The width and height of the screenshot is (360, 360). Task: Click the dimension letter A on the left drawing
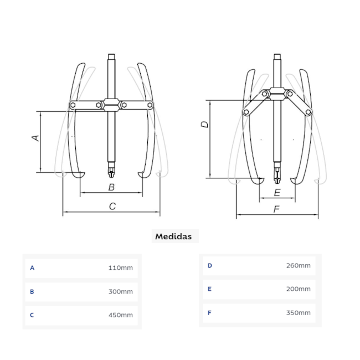[35, 137]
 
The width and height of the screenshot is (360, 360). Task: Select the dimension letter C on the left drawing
[112, 206]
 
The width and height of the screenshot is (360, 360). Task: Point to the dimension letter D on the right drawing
[204, 125]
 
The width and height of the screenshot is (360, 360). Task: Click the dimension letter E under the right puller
[277, 193]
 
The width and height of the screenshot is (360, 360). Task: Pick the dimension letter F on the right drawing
[277, 209]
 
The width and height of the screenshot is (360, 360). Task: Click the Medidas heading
[173, 236]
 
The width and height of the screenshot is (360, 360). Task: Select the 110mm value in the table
[120, 268]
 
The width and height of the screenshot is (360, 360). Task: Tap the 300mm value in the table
[120, 291]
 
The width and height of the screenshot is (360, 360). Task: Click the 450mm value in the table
[120, 315]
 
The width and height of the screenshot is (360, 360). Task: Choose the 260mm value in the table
[298, 266]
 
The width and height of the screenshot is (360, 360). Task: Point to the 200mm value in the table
[298, 289]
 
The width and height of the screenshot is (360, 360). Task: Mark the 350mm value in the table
[298, 313]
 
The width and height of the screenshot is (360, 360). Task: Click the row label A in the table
[32, 268]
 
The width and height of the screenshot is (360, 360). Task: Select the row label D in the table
[210, 266]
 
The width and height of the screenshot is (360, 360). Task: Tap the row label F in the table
[210, 313]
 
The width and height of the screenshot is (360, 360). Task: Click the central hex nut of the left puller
[111, 105]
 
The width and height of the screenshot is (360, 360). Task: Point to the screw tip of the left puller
[111, 173]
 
